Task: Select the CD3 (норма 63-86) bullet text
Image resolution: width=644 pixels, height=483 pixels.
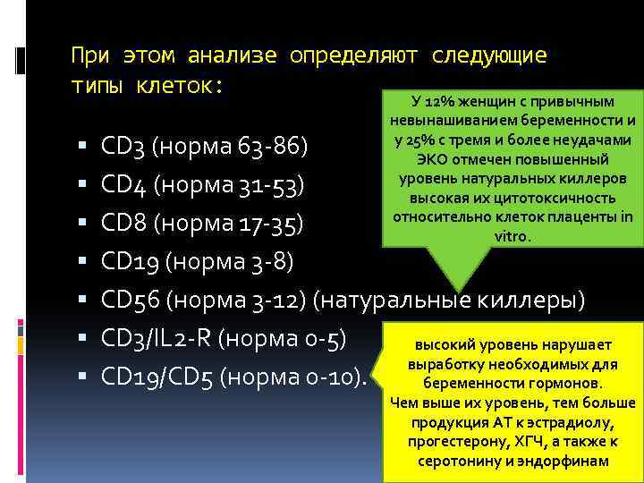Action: point(206,146)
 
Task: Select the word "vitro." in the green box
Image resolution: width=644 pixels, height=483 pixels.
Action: point(513,236)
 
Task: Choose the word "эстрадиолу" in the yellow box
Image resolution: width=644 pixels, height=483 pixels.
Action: point(566,422)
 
